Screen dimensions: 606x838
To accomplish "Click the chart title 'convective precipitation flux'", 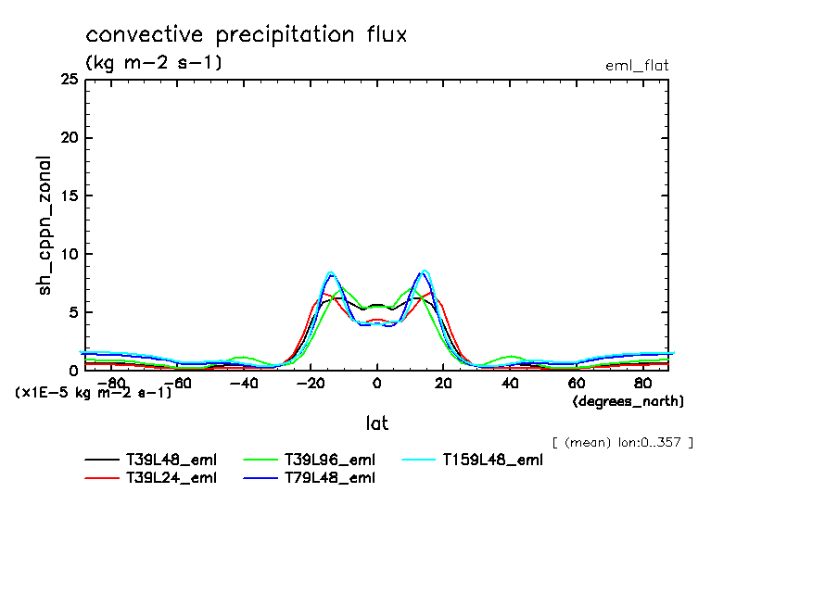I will click(246, 36).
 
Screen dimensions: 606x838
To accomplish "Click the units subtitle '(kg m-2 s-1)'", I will click(153, 63).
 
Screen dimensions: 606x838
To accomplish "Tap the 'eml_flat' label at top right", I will click(636, 66).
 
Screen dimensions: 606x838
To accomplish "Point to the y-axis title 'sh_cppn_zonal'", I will click(44, 225).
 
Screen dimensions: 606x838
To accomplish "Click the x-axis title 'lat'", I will click(376, 423).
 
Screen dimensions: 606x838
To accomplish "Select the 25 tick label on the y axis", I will click(68, 81).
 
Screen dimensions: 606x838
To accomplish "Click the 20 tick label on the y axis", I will click(68, 138).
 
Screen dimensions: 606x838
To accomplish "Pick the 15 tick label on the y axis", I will click(68, 196).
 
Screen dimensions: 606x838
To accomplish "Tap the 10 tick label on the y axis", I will click(68, 254).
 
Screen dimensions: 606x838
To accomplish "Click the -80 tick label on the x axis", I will click(110, 383).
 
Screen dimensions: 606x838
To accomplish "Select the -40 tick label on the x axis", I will click(243, 383).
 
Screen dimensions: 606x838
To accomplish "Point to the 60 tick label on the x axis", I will click(576, 383).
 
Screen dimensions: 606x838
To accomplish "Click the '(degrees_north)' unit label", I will click(628, 401).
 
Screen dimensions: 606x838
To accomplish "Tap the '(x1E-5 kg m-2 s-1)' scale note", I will click(94, 393).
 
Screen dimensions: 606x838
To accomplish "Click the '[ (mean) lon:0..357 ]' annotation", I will click(621, 442).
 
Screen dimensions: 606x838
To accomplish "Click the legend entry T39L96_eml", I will click(329, 460).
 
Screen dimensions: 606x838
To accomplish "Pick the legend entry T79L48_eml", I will click(329, 478).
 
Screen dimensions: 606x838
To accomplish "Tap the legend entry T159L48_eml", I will click(491, 460).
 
